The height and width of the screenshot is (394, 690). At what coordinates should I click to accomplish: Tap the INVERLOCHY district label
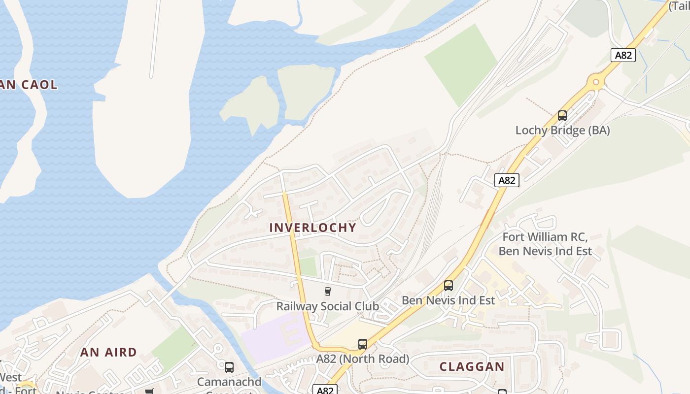point(312,228)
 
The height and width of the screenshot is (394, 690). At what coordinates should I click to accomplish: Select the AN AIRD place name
point(108,352)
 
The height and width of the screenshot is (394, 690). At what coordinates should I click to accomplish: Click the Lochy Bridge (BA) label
point(562,131)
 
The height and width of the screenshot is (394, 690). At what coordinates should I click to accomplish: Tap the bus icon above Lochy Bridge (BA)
point(562,116)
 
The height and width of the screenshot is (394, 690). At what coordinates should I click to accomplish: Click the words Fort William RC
point(545,237)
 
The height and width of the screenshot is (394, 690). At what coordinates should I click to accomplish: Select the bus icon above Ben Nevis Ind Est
point(448,286)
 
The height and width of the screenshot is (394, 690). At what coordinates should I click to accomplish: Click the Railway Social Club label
point(327,306)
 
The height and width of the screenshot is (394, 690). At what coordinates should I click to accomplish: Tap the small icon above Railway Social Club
point(328,292)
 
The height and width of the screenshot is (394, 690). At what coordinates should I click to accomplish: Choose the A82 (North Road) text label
point(362,359)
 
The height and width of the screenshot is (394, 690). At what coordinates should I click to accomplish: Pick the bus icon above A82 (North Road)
point(363,344)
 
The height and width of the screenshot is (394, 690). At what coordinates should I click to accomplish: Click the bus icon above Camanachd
point(229,367)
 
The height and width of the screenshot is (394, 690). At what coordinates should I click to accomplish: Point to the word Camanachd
point(229,382)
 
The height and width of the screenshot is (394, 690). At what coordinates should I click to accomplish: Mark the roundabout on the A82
point(596,82)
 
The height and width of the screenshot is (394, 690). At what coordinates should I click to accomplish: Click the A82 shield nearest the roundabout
point(623,55)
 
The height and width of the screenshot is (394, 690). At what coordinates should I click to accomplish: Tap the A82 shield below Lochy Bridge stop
point(507,180)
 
